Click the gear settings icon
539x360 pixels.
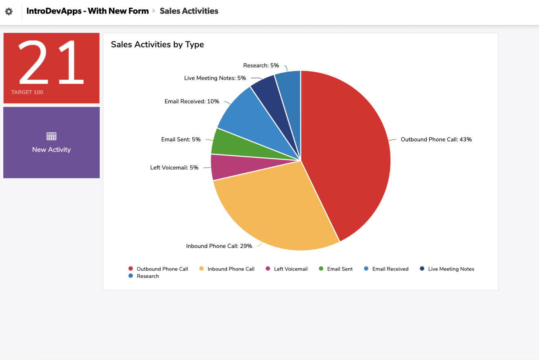9,11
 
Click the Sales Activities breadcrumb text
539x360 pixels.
189,11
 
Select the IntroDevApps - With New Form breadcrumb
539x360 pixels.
87,11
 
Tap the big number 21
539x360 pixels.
51,62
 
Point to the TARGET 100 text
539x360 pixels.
27,92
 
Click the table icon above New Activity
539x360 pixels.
51,136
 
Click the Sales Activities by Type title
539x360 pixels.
157,45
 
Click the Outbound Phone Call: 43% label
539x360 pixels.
436,139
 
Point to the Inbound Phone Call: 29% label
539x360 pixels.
219,246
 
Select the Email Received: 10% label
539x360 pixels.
192,101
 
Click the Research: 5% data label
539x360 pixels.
261,65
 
